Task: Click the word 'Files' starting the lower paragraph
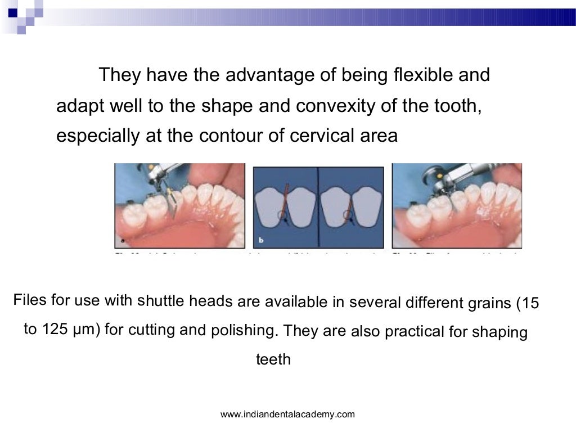pyautogui.click(x=30, y=299)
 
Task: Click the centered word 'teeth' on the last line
pyautogui.click(x=273, y=359)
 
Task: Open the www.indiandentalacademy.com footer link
pyautogui.click(x=287, y=415)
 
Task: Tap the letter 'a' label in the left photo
pyautogui.click(x=122, y=241)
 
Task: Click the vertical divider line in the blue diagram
pyautogui.click(x=318, y=208)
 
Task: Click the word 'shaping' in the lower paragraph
pyautogui.click(x=504, y=332)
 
